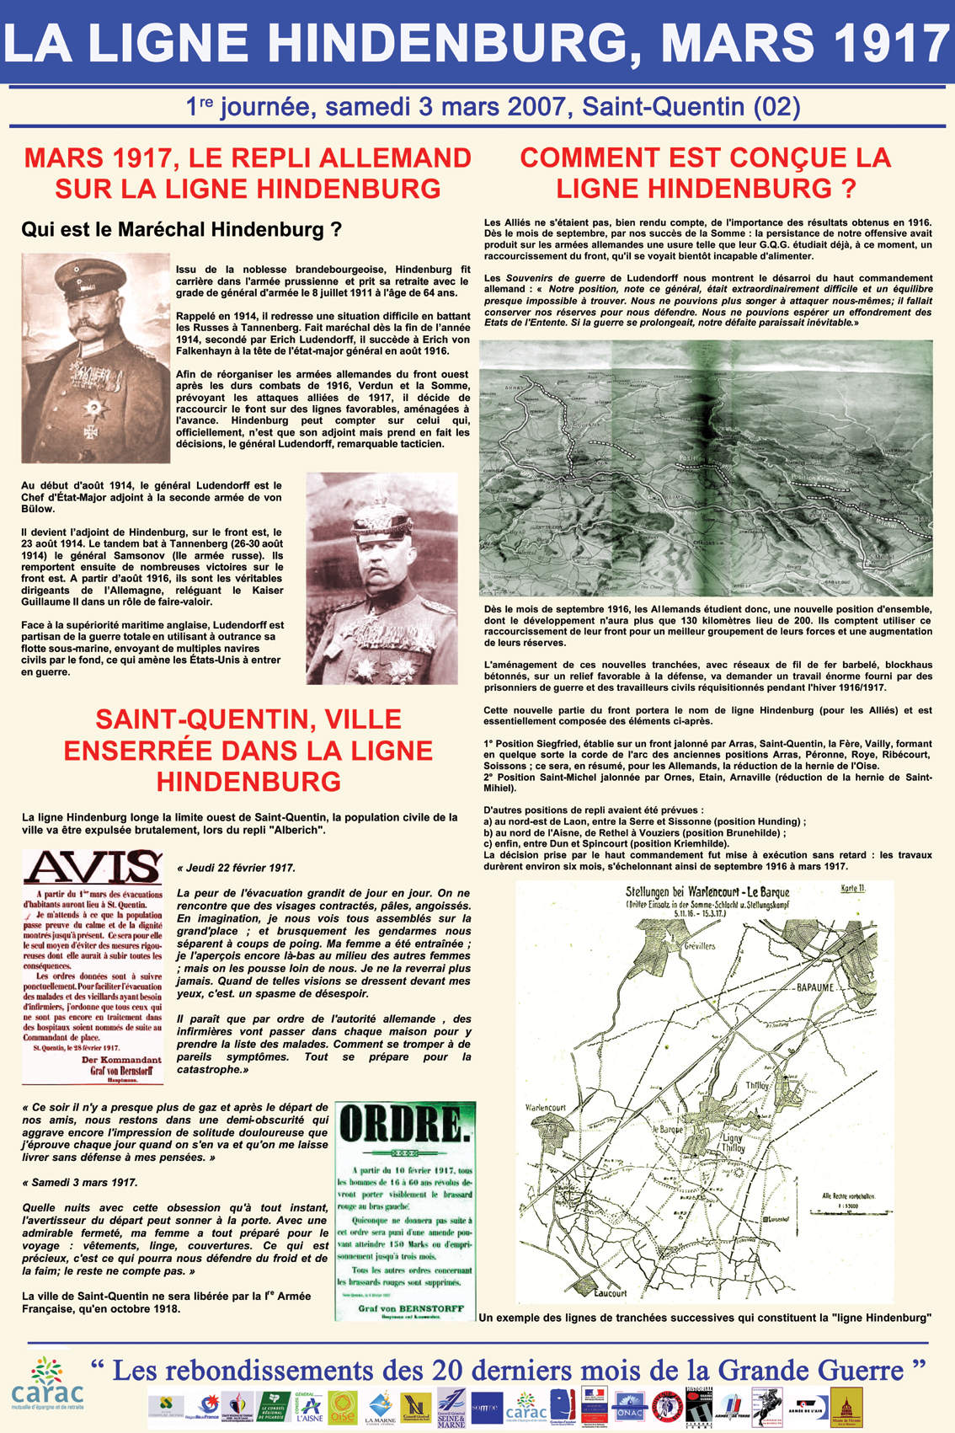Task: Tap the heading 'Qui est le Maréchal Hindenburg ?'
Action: pyautogui.click(x=181, y=229)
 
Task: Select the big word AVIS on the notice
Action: pyautogui.click(x=93, y=868)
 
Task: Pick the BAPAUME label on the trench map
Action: pyautogui.click(x=814, y=987)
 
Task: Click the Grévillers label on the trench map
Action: pyautogui.click(x=699, y=945)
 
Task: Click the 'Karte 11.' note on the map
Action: pyautogui.click(x=852, y=889)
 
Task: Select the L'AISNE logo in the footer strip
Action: pyautogui.click(x=308, y=1408)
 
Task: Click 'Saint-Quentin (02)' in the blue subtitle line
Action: pyautogui.click(x=691, y=107)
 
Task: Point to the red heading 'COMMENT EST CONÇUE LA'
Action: pyautogui.click(x=705, y=158)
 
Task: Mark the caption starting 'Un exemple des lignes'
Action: pyautogui.click(x=705, y=1318)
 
